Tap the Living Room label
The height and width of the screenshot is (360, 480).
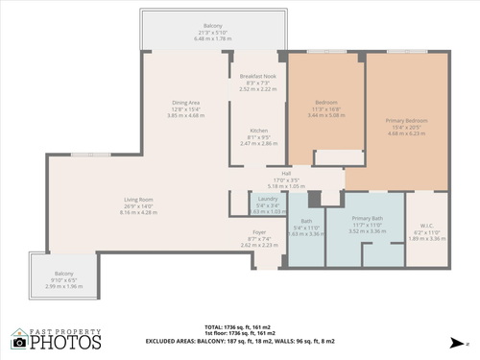139,200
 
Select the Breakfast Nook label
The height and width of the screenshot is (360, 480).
258,76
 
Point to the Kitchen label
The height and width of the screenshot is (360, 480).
258,131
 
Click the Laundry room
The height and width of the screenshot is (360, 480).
267,203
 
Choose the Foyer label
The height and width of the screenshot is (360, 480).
258,231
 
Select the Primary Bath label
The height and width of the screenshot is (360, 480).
366,219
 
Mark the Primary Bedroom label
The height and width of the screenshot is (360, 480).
406,121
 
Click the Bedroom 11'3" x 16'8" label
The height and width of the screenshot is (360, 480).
325,102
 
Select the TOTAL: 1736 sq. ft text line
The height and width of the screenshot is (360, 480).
259,325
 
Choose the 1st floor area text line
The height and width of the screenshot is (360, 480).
259,332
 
